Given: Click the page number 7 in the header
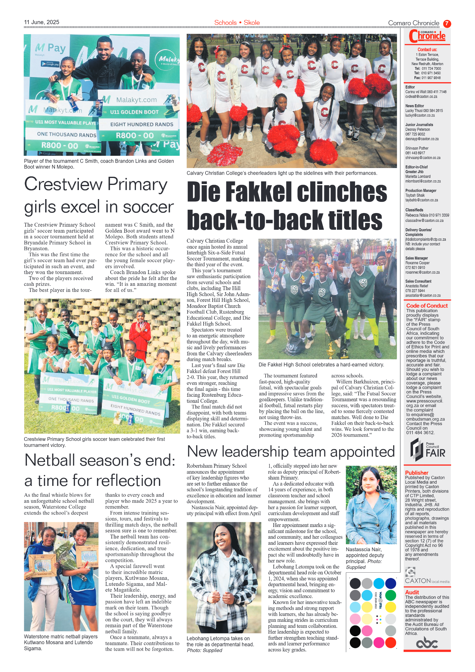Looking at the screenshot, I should (447, 24).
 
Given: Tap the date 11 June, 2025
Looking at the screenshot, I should (42, 22).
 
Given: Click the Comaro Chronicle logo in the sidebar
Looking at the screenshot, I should (427, 37).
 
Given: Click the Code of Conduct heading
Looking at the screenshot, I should (427, 306).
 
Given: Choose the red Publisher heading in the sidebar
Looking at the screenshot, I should (417, 473).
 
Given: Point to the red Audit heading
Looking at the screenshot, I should (412, 593).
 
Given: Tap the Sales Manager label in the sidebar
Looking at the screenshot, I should (416, 258).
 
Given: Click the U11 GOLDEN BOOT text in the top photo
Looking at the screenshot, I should (134, 112).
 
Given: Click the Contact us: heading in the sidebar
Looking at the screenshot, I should (427, 50).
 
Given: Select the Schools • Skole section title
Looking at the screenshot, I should (237, 23).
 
